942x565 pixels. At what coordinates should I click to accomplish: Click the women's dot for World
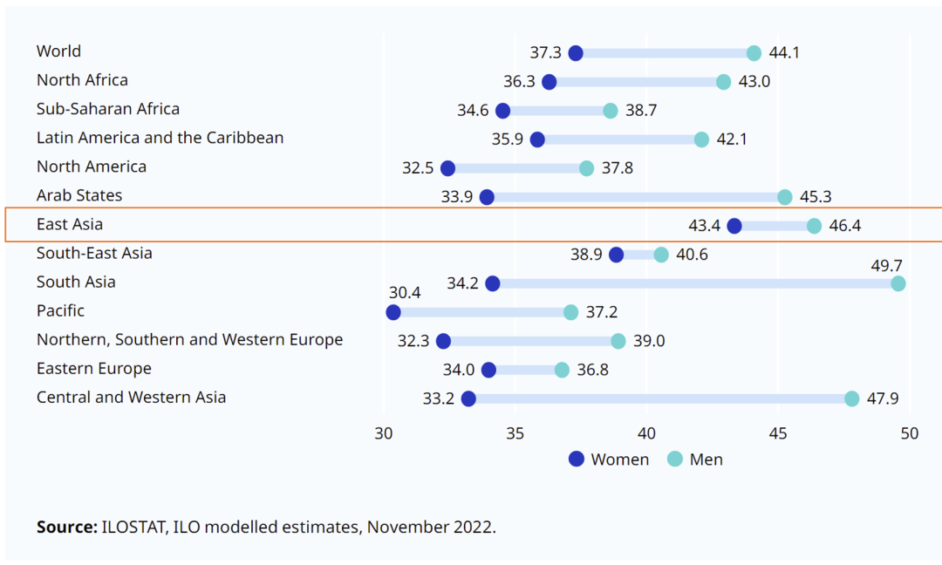click(x=576, y=53)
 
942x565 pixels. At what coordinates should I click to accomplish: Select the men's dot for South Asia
click(x=898, y=283)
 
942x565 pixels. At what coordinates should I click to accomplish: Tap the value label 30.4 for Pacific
click(x=405, y=293)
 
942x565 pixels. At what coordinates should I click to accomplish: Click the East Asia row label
click(x=70, y=224)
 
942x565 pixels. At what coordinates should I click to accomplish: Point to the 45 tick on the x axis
click(x=778, y=433)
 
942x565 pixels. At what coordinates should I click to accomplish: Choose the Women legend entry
click(x=609, y=459)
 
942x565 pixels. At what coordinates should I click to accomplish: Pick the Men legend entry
click(x=695, y=459)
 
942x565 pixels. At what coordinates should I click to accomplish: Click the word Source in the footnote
click(x=65, y=527)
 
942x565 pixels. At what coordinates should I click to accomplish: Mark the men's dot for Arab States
click(x=785, y=197)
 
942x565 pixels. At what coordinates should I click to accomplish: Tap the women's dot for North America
click(x=448, y=168)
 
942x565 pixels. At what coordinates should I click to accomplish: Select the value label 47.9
click(x=882, y=398)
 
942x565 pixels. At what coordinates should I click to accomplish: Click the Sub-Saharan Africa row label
click(x=108, y=109)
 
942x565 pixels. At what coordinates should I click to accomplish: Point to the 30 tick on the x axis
click(x=384, y=433)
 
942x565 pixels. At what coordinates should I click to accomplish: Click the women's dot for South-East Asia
click(x=617, y=255)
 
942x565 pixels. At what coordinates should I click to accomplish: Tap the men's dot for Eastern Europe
click(x=562, y=370)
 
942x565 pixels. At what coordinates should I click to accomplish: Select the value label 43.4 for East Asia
click(x=704, y=226)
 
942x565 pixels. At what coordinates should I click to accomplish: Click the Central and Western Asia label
click(x=131, y=398)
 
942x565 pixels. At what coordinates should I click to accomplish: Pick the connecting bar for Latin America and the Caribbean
click(x=619, y=140)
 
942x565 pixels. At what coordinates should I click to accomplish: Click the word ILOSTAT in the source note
click(x=132, y=527)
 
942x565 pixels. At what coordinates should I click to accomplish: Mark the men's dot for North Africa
click(x=724, y=82)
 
